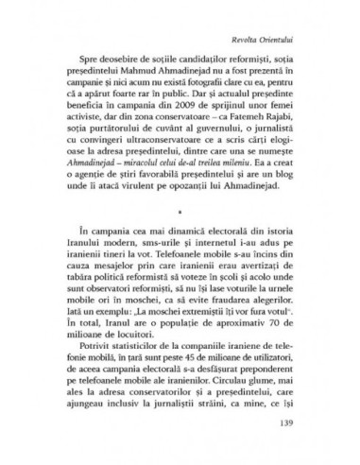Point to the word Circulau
click(249, 400)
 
